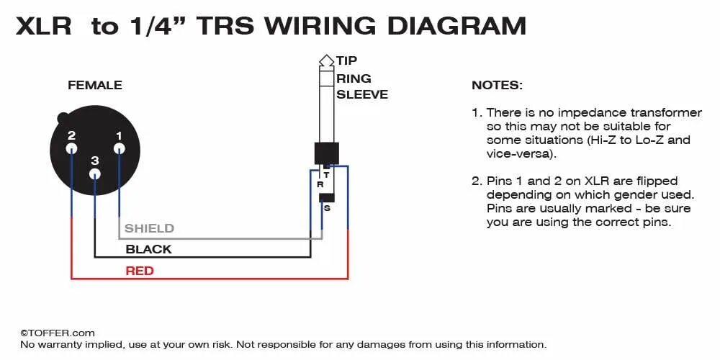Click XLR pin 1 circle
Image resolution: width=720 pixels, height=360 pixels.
119,149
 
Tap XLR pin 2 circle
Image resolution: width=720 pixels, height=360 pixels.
71,149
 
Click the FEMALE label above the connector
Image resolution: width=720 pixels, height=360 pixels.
95,85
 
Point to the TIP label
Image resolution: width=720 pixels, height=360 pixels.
346,60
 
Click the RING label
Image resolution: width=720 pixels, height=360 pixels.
354,78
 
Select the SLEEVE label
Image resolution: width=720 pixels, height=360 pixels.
362,94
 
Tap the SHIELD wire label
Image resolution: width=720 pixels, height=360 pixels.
149,228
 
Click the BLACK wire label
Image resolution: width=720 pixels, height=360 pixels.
148,249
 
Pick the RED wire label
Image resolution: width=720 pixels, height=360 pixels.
140,271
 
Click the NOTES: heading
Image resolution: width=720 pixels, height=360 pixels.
498,85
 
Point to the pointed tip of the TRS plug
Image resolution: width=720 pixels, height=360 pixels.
325,58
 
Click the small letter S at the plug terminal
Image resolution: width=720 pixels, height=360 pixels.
327,208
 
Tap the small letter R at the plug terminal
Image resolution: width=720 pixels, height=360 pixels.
320,184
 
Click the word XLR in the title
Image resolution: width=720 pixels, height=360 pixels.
44,26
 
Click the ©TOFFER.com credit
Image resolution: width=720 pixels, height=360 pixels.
58,333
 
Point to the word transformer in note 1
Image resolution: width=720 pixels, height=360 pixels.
666,112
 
